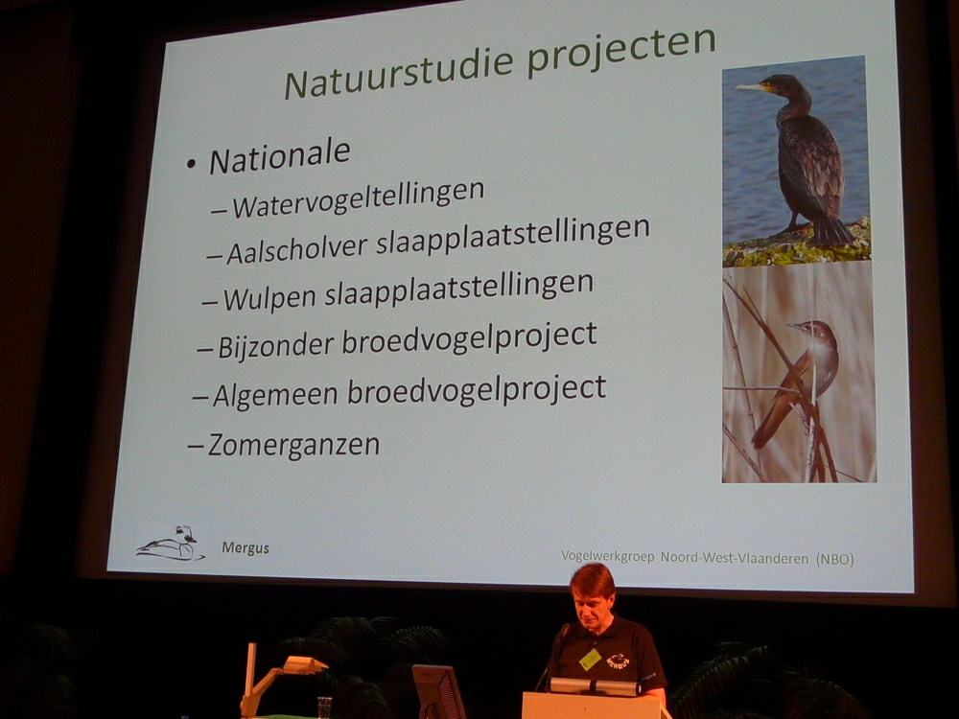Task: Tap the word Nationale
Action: pos(279,156)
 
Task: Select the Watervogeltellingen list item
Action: pos(358,199)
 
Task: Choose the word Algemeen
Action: pos(275,394)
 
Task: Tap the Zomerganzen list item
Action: pos(293,445)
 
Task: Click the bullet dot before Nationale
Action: pos(192,164)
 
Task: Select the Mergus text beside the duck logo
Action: pos(246,547)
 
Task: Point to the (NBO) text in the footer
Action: pos(835,559)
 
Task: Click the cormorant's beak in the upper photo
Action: pos(751,87)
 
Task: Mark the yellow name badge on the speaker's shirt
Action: pos(590,660)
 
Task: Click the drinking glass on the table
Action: pos(324,707)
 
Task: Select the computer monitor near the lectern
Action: pos(438,691)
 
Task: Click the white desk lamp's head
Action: pos(305,664)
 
